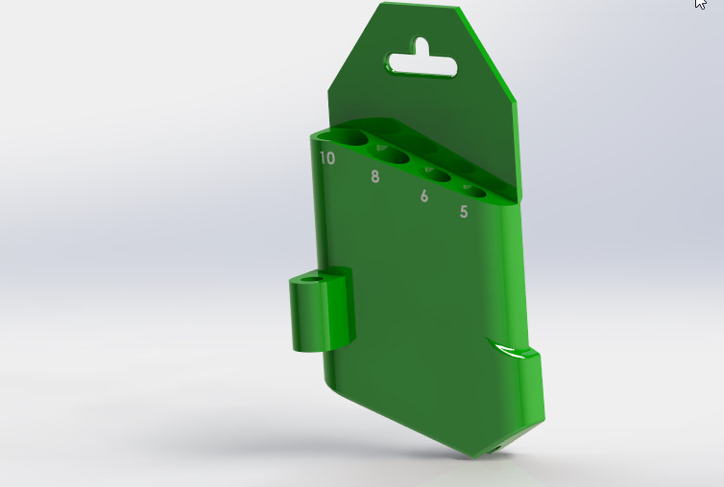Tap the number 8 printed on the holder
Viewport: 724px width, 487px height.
[x=374, y=176]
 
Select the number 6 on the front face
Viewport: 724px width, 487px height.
[x=423, y=197]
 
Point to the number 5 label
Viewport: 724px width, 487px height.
[x=464, y=212]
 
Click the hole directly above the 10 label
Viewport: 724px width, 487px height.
[x=351, y=138]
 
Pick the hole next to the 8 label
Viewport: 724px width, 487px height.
[x=395, y=156]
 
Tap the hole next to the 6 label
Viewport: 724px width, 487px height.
[x=436, y=174]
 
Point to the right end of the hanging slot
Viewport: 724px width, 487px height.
[x=451, y=67]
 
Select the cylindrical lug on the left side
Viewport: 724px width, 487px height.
[x=321, y=312]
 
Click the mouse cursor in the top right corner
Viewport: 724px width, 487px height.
[x=701, y=5]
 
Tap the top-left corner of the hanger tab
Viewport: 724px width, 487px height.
[x=381, y=6]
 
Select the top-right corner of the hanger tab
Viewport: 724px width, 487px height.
[x=457, y=11]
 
